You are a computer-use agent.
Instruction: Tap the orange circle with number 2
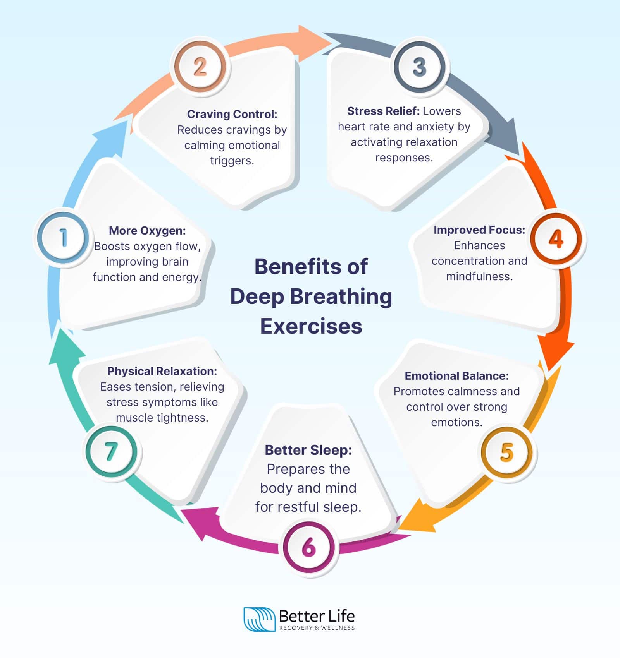pyautogui.click(x=200, y=67)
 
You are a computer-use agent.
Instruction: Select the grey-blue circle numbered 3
pyautogui.click(x=420, y=67)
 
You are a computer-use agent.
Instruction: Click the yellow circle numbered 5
pyautogui.click(x=507, y=452)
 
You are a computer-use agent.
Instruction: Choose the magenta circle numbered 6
pyautogui.click(x=309, y=547)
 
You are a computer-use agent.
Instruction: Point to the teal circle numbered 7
pyautogui.click(x=112, y=451)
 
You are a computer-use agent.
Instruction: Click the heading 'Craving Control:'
pyautogui.click(x=232, y=114)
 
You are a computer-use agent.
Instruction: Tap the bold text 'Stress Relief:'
pyautogui.click(x=383, y=111)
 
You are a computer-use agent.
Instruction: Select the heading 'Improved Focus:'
pyautogui.click(x=479, y=230)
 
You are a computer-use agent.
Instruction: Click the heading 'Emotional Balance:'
pyautogui.click(x=456, y=376)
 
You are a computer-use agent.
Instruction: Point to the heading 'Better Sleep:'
pyautogui.click(x=308, y=450)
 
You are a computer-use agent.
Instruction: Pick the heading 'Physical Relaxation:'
pyautogui.click(x=162, y=371)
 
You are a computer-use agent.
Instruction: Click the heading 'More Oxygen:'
pyautogui.click(x=147, y=231)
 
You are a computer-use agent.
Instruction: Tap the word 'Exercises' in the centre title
pyautogui.click(x=311, y=326)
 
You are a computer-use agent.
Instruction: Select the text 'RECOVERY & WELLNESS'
pyautogui.click(x=317, y=628)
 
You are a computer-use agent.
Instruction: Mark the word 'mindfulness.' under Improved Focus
pyautogui.click(x=479, y=276)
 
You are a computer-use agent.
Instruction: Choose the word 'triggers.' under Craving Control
pyautogui.click(x=232, y=161)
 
